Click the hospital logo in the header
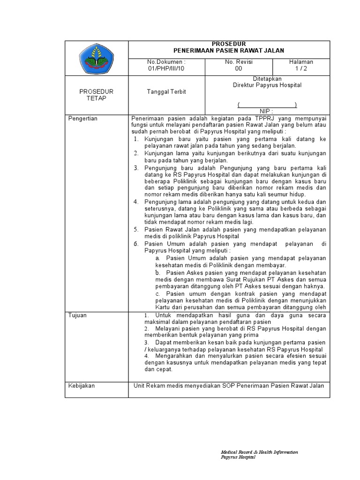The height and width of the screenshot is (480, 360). click(x=96, y=58)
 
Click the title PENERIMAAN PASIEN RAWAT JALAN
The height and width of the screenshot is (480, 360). click(x=229, y=51)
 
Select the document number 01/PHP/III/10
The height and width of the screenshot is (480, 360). click(x=166, y=68)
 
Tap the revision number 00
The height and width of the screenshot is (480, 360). click(x=239, y=68)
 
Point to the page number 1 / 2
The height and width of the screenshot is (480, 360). click(x=301, y=68)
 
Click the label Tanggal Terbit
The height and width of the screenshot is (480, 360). click(x=166, y=91)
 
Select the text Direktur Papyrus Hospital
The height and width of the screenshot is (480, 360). click(x=267, y=85)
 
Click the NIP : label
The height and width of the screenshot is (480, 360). click(x=266, y=111)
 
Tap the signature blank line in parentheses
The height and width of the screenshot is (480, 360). click(x=267, y=104)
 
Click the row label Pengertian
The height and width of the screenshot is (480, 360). click(x=83, y=119)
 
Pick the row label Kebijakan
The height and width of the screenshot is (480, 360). click(x=82, y=385)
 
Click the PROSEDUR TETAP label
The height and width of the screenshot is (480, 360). click(x=96, y=95)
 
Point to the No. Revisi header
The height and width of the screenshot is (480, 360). click(x=239, y=62)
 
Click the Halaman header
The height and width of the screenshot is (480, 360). click(x=301, y=62)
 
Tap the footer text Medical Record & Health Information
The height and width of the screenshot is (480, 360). click(x=259, y=452)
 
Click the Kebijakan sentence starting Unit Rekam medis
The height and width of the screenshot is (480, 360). click(x=229, y=385)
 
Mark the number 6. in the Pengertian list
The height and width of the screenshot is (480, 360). click(x=136, y=244)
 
